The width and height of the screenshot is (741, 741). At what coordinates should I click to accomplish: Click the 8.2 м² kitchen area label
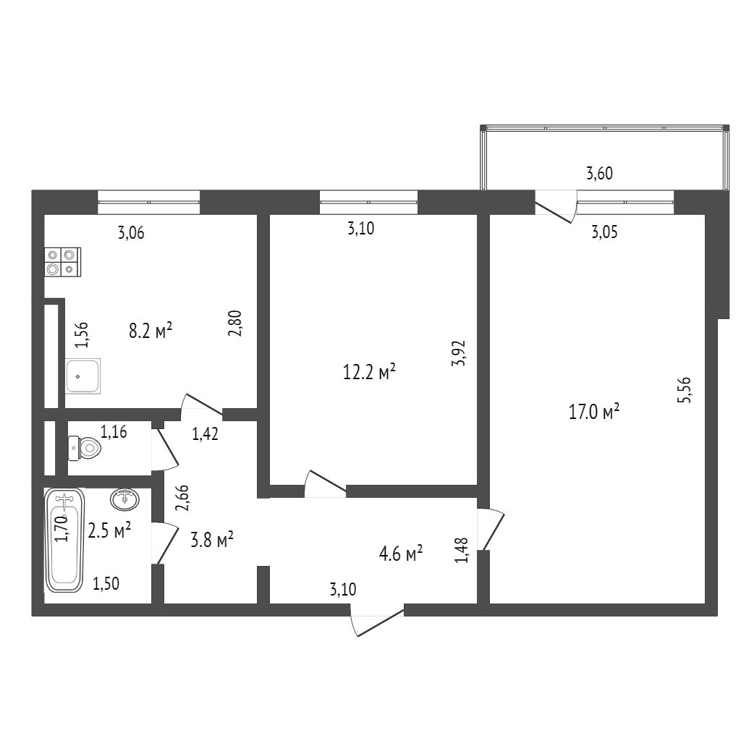click(x=151, y=331)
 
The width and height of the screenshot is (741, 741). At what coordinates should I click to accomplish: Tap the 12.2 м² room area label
click(x=368, y=373)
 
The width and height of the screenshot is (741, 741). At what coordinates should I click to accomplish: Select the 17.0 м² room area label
click(x=595, y=412)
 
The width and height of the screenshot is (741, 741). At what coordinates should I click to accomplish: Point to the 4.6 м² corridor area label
click(x=401, y=555)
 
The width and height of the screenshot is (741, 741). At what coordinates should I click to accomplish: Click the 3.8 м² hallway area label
click(x=211, y=540)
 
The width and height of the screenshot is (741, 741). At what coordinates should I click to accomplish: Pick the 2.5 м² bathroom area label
click(x=109, y=530)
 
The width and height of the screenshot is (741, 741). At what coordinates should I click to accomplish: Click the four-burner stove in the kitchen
click(x=63, y=262)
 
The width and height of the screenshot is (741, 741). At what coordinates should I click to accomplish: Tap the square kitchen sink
click(x=82, y=376)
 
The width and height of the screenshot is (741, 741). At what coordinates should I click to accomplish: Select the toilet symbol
click(x=85, y=448)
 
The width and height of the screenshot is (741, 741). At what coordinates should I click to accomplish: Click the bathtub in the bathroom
click(x=65, y=540)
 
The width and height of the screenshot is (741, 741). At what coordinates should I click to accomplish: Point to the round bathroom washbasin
click(x=126, y=499)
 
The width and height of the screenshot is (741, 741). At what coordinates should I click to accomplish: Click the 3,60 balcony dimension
click(x=600, y=173)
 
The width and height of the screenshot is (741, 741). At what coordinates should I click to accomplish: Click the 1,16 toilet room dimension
click(x=114, y=433)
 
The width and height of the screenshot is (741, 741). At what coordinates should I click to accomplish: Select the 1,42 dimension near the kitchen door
click(x=205, y=434)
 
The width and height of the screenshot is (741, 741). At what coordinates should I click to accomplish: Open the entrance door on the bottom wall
click(x=376, y=621)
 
